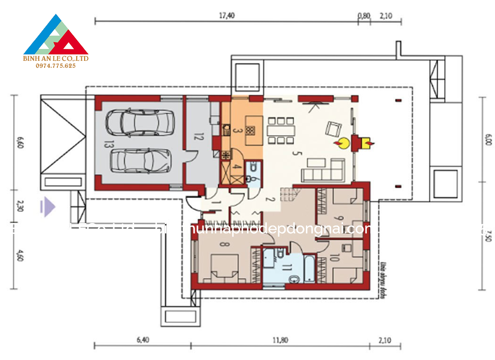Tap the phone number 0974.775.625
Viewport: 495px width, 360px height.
[x=56, y=66]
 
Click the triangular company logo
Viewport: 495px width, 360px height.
[x=56, y=36]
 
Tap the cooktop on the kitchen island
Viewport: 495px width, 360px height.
[x=250, y=131]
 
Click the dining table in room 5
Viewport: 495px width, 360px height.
[x=280, y=130]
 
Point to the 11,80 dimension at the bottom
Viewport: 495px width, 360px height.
[x=281, y=340]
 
